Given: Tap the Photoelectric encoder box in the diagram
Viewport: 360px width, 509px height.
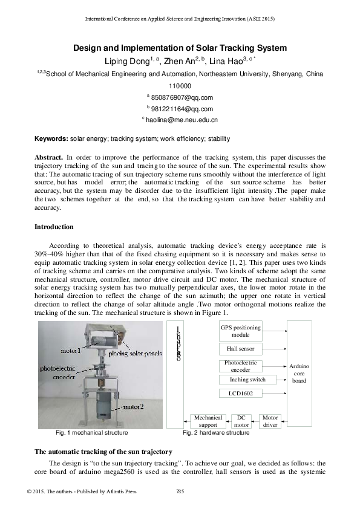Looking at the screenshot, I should pyautogui.click(x=240, y=366).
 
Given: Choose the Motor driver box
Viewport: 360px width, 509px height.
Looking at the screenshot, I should pyautogui.click(x=270, y=421).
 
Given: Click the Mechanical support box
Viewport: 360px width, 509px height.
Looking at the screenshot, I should pyautogui.click(x=208, y=421).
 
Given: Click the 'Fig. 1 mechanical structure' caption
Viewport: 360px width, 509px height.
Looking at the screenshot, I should pyautogui.click(x=91, y=433).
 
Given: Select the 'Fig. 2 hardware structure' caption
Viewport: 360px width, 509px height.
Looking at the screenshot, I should pyautogui.click(x=216, y=433).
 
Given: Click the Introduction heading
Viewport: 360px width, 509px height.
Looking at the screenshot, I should pyautogui.click(x=54, y=227).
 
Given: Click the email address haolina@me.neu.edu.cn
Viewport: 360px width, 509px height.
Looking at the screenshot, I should pyautogui.click(x=182, y=120).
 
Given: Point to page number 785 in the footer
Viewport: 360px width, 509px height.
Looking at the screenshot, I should pyautogui.click(x=180, y=490).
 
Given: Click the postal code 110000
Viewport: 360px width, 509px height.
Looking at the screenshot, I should pyautogui.click(x=180, y=86).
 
